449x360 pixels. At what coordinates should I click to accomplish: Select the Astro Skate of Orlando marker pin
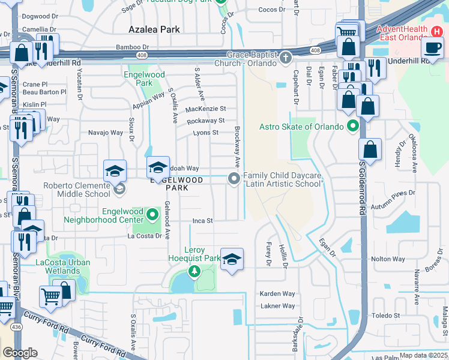pos(353,127)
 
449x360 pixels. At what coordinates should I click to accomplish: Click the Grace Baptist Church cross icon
pos(286,58)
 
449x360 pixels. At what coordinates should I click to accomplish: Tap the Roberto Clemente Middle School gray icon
pos(119,190)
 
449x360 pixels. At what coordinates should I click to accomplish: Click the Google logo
pos(20,353)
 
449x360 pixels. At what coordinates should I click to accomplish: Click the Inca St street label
pos(203,221)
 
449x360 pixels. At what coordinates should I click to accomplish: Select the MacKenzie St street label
pos(205,109)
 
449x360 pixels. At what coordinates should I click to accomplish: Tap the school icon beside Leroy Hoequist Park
pos(232,259)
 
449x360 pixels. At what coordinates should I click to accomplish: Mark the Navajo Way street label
pos(106,133)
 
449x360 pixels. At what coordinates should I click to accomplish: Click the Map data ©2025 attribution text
pos(423,355)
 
